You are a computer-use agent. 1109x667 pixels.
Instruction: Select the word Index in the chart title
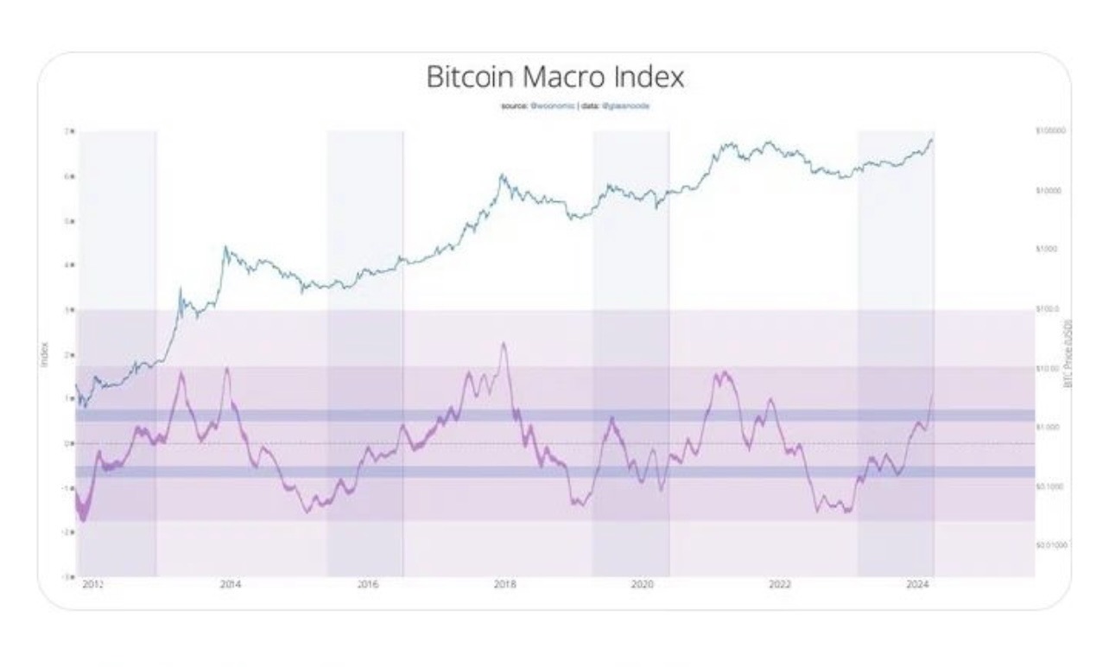pyautogui.click(x=649, y=77)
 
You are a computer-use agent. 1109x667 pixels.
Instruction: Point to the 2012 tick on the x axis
pyautogui.click(x=92, y=585)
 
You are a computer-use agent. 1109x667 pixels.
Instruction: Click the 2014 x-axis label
pyautogui.click(x=230, y=585)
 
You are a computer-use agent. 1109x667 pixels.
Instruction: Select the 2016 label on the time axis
pyautogui.click(x=368, y=585)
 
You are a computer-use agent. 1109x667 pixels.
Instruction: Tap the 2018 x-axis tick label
pyautogui.click(x=505, y=585)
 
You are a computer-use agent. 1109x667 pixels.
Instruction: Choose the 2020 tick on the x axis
pyautogui.click(x=643, y=585)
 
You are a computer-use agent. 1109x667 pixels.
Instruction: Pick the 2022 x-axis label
pyautogui.click(x=780, y=585)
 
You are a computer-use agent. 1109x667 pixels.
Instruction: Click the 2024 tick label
pyautogui.click(x=917, y=585)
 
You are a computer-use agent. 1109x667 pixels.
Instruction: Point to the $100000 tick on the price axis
pyautogui.click(x=1050, y=130)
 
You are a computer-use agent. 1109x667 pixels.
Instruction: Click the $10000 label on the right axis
pyautogui.click(x=1049, y=189)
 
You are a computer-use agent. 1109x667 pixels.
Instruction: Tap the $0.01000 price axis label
pyautogui.click(x=1050, y=545)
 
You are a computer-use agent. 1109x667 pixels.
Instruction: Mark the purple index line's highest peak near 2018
pyautogui.click(x=503, y=344)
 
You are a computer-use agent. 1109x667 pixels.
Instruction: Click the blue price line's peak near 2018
pyautogui.click(x=502, y=175)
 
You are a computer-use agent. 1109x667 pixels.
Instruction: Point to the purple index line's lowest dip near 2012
pyautogui.click(x=84, y=519)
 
